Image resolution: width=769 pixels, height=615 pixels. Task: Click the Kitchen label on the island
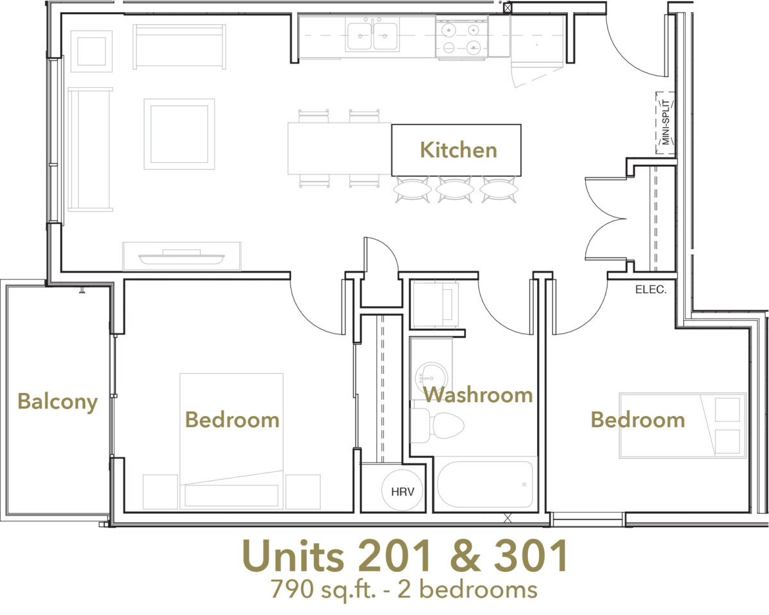pyautogui.click(x=458, y=150)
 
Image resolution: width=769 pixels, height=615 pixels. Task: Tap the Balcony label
pyautogui.click(x=58, y=402)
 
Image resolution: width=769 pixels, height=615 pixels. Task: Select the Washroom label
pyautogui.click(x=478, y=395)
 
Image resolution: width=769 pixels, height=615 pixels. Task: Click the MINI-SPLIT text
pyautogui.click(x=666, y=122)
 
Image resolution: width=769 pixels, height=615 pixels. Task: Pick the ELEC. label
pyautogui.click(x=650, y=290)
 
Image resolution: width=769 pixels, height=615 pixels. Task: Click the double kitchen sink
pyautogui.click(x=372, y=35)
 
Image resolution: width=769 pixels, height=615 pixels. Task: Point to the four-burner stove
pyautogui.click(x=461, y=37)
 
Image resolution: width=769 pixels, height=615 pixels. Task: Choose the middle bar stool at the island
pyautogui.click(x=455, y=190)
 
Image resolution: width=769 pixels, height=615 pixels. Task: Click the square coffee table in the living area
pyautogui.click(x=179, y=134)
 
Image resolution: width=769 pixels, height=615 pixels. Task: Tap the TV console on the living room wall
pyautogui.click(x=182, y=257)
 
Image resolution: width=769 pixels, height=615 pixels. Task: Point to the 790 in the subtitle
pyautogui.click(x=292, y=589)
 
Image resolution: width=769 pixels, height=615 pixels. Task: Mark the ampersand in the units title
pyautogui.click(x=465, y=557)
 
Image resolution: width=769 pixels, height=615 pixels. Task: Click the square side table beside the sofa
pyautogui.click(x=92, y=51)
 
